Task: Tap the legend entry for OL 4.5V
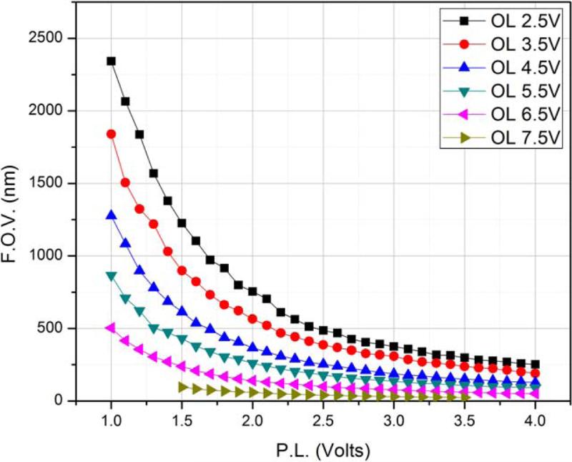point(508,67)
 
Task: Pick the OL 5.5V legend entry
point(508,92)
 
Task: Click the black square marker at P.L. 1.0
point(111,61)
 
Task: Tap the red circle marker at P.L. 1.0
point(111,134)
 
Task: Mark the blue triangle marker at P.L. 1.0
point(111,215)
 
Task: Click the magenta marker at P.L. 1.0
point(111,328)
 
